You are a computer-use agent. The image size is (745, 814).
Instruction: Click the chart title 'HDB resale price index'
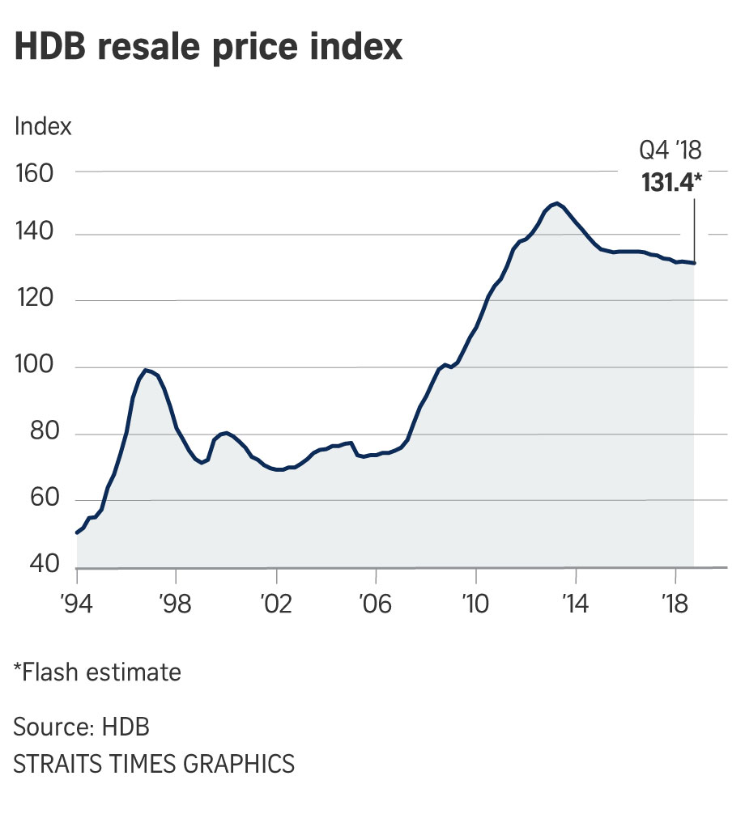208,48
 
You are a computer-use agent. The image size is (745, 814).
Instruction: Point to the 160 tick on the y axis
36,173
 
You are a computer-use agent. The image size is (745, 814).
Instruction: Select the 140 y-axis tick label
36,236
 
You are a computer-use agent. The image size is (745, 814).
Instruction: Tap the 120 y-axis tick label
36,302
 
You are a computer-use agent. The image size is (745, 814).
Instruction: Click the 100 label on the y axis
36,368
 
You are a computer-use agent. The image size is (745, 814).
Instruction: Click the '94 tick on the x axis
77,602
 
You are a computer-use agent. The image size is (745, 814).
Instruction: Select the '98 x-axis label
177,602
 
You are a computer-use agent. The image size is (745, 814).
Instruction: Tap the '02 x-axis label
277,602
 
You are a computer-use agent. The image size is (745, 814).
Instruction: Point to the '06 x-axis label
377,602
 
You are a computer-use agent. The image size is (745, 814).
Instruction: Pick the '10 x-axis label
476,602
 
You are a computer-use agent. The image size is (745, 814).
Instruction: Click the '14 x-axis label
576,602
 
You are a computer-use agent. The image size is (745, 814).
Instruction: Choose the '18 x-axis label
676,602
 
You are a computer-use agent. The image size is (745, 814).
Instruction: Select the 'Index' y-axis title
43,126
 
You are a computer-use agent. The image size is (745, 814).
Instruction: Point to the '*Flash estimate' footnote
96,672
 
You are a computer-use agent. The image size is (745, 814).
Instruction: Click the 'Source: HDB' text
81,726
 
